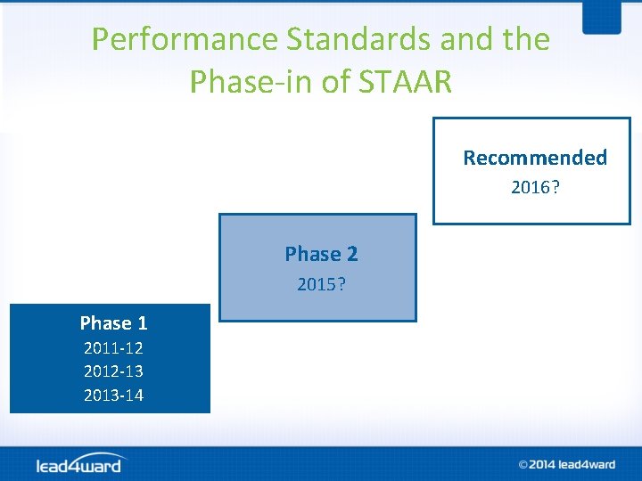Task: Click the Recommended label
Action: click(x=534, y=158)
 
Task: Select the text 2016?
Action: click(x=535, y=187)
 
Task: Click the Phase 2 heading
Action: click(x=321, y=254)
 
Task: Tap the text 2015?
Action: click(x=321, y=285)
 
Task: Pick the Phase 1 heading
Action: click(x=113, y=322)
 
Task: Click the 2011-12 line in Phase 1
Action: click(x=113, y=348)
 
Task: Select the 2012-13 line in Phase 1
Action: click(x=113, y=371)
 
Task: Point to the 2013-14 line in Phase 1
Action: click(x=113, y=395)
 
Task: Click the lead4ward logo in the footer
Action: click(x=80, y=464)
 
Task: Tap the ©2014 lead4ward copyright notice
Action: click(x=567, y=464)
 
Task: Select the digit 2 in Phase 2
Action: click(x=352, y=254)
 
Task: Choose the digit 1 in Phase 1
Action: click(x=142, y=322)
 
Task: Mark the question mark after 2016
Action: click(x=556, y=187)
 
